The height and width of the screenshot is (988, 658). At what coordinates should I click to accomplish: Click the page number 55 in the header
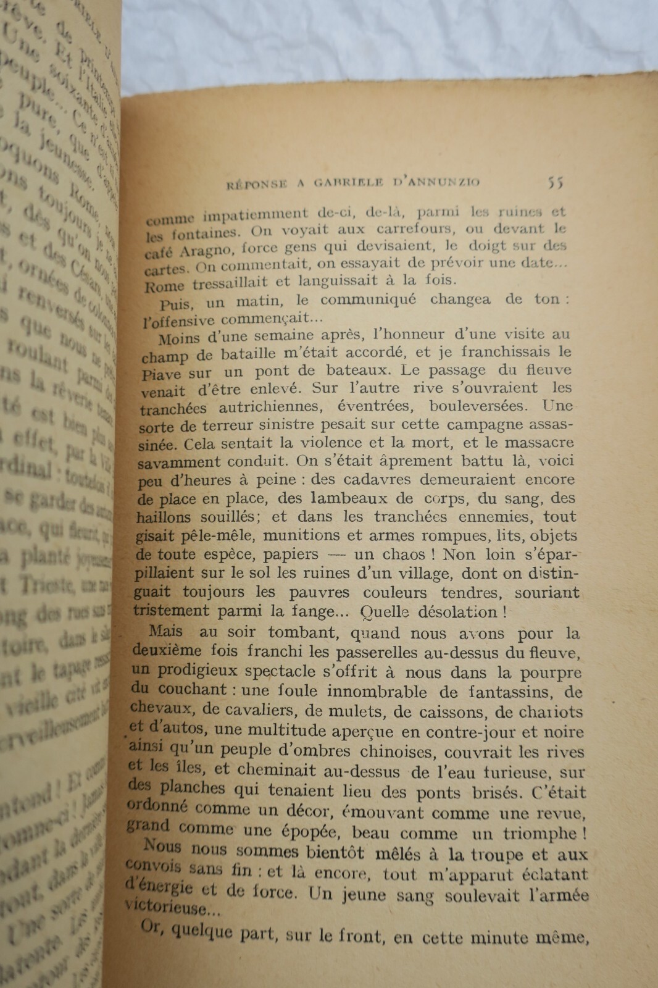pos(554,183)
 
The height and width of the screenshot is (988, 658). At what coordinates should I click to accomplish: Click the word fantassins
pos(506,692)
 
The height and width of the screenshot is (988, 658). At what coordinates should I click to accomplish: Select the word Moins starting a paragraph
pos(179,339)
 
